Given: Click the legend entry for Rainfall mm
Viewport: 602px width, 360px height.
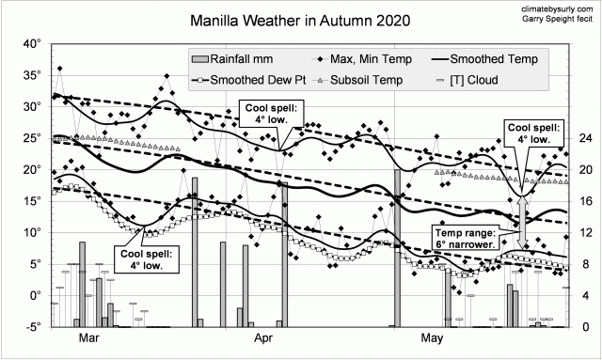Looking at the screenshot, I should point(236,59).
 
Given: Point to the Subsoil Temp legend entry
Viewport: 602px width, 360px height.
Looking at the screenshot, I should point(372,80).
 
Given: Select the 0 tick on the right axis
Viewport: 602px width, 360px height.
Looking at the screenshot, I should point(580,327).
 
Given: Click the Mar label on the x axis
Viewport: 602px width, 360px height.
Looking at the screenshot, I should point(89,337).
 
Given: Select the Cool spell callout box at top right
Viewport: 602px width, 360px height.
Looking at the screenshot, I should point(534,133).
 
